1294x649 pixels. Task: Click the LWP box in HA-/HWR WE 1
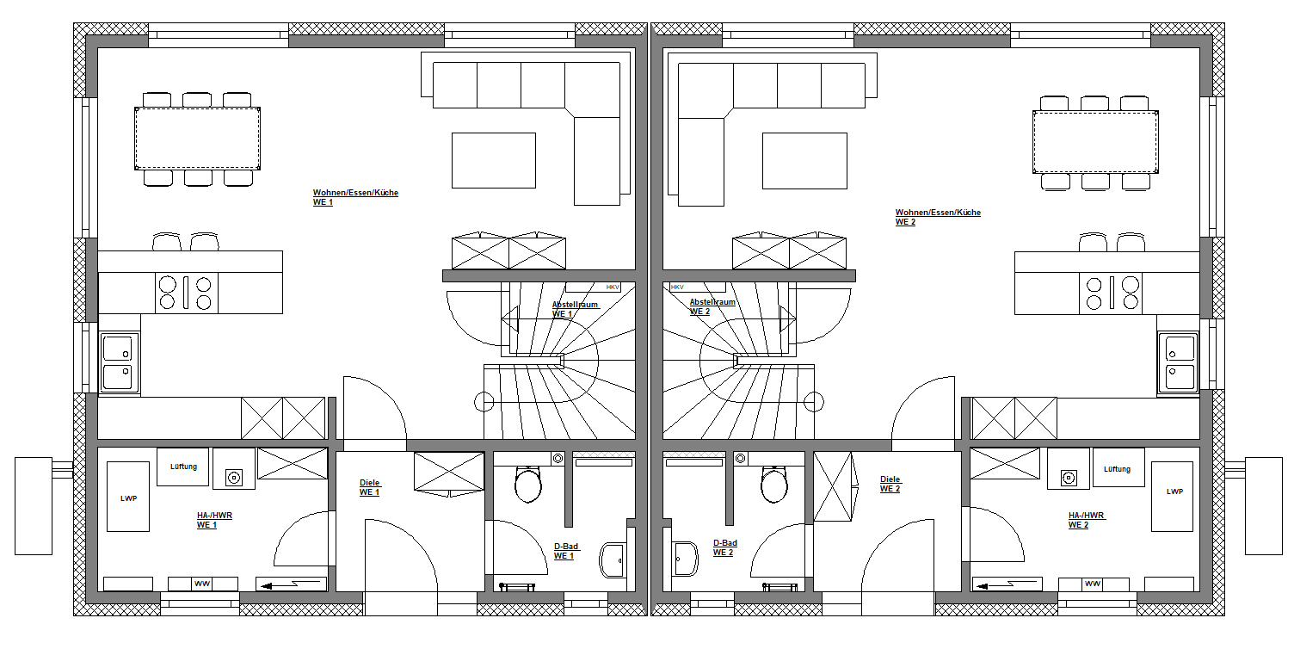pyautogui.click(x=128, y=497)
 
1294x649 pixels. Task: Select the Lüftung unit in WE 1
pyautogui.click(x=183, y=467)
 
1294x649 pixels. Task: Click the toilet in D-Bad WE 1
pyautogui.click(x=527, y=484)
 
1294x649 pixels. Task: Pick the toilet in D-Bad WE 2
pyautogui.click(x=774, y=484)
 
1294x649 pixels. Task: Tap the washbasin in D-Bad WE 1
pyautogui.click(x=613, y=559)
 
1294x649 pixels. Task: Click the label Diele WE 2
pyautogui.click(x=890, y=485)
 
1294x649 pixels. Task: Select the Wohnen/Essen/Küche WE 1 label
pyautogui.click(x=354, y=197)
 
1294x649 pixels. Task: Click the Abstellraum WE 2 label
pyautogui.click(x=712, y=306)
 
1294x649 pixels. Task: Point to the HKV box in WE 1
pyautogui.click(x=613, y=287)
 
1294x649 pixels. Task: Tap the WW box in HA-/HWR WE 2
pyautogui.click(x=1093, y=584)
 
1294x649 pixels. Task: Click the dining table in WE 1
pyautogui.click(x=197, y=139)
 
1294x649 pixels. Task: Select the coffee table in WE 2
pyautogui.click(x=804, y=160)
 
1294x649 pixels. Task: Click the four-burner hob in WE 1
pyautogui.click(x=186, y=293)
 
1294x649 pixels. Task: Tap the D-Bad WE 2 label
pyautogui.click(x=724, y=547)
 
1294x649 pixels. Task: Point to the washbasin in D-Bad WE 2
pyautogui.click(x=686, y=559)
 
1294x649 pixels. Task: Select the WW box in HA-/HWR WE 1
pyautogui.click(x=202, y=584)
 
